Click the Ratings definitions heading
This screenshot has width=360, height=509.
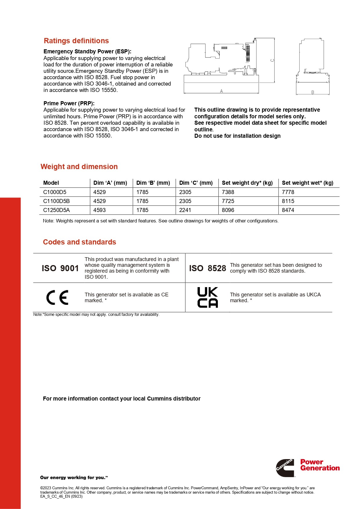click(76, 41)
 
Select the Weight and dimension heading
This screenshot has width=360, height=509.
click(79, 167)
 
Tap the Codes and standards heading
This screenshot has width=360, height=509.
click(79, 242)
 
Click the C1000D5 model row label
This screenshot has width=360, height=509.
click(55, 192)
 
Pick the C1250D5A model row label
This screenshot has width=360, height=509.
click(57, 210)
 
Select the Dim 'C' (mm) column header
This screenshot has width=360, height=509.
click(196, 183)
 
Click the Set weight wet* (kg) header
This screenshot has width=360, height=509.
click(307, 183)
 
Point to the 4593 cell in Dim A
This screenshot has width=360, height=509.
click(100, 210)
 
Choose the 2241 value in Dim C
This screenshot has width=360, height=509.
click(185, 210)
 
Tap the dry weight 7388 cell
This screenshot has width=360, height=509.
click(228, 192)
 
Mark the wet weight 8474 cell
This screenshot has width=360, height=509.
click(288, 210)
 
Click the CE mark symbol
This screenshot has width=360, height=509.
click(57, 298)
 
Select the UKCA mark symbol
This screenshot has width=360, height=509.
click(207, 297)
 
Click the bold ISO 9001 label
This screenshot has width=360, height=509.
click(60, 268)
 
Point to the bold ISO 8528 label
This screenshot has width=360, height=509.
click(208, 268)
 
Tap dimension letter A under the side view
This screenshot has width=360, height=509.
click(221, 91)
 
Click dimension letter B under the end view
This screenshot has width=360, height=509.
click(313, 93)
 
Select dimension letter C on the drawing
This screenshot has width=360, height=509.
click(272, 60)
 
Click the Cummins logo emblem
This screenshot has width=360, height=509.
click(285, 468)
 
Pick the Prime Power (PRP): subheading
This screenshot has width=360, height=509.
click(69, 104)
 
